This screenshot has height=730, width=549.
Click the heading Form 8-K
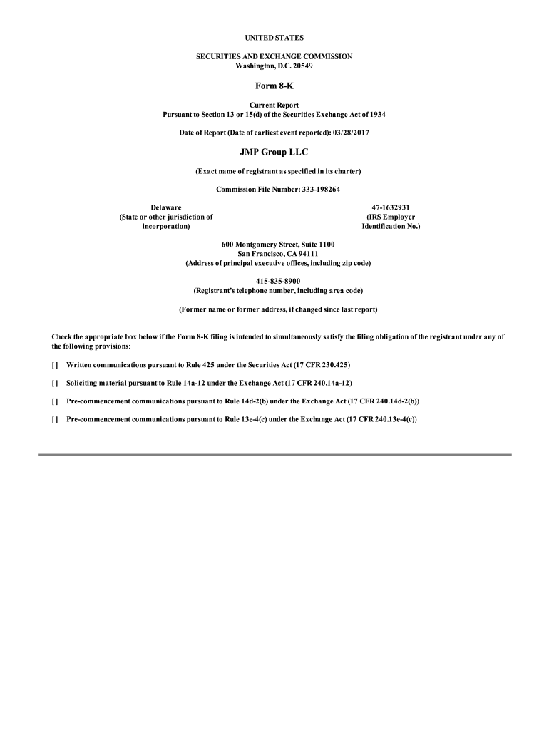tap(274, 86)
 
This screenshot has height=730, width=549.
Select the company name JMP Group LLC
tap(274, 153)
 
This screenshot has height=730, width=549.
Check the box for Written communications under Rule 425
tap(55, 364)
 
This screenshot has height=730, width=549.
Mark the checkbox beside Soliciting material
tap(55, 383)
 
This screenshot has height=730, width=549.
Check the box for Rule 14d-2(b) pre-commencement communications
tap(55, 401)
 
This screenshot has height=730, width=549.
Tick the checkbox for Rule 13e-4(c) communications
tap(55, 420)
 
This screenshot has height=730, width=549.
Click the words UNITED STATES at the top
tap(274, 36)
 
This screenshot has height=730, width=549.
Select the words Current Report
tap(274, 105)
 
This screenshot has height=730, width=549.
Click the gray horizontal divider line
tap(274, 455)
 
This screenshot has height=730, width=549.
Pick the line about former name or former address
tap(278, 309)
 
